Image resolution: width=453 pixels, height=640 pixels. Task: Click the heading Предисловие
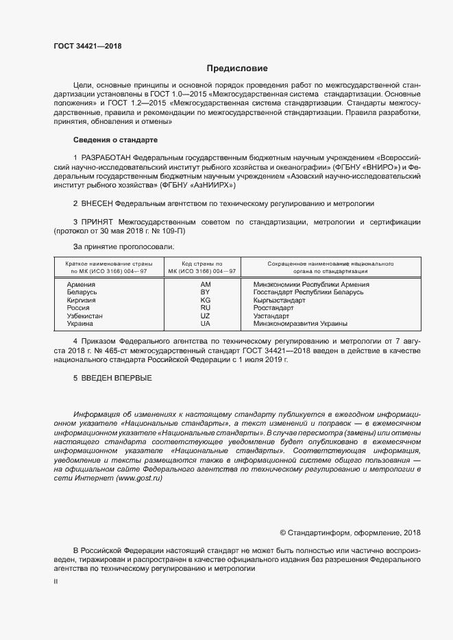(x=238, y=68)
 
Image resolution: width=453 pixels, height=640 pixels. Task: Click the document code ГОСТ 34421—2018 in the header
(x=87, y=47)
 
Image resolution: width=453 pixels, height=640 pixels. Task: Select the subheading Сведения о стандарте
(x=115, y=140)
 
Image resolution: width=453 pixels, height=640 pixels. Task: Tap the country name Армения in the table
(x=81, y=284)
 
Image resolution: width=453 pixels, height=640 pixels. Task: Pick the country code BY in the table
(x=205, y=292)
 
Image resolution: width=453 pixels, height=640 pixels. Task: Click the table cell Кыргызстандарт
(x=279, y=300)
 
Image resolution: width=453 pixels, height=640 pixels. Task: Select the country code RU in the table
(x=205, y=308)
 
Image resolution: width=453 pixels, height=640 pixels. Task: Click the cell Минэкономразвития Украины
(x=300, y=324)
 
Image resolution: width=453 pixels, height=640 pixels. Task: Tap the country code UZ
(x=205, y=316)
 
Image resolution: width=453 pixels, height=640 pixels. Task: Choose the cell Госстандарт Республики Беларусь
(x=308, y=292)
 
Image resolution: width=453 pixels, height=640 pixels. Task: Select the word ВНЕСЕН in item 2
(x=97, y=203)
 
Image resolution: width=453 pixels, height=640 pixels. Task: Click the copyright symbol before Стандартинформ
(x=283, y=533)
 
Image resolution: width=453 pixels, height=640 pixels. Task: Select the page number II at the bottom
(x=56, y=582)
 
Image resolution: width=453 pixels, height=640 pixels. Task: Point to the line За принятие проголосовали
(x=123, y=245)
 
